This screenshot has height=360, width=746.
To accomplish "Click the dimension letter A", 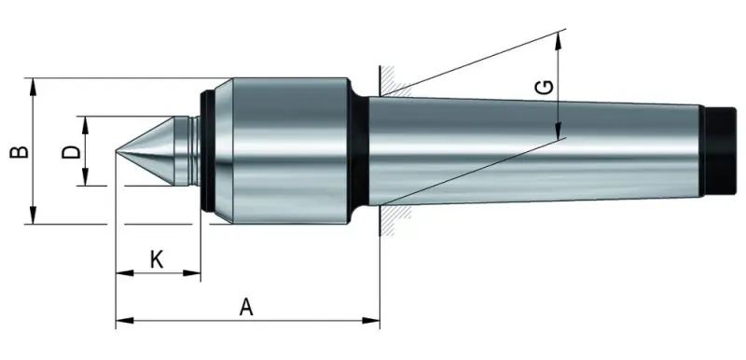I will click(246, 306).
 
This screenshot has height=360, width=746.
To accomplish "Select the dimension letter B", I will click(17, 151).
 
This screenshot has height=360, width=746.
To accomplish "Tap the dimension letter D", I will click(69, 151).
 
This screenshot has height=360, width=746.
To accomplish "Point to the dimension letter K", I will click(157, 259).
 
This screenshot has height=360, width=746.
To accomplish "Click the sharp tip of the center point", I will click(117, 151).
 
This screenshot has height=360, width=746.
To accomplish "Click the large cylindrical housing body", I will click(284, 151).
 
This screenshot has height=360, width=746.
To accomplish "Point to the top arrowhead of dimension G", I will click(559, 37).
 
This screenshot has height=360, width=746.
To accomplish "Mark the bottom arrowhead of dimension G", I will click(559, 132).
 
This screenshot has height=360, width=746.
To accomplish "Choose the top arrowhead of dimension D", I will click(86, 121).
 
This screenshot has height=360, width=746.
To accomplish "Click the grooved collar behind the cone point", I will click(191, 151).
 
